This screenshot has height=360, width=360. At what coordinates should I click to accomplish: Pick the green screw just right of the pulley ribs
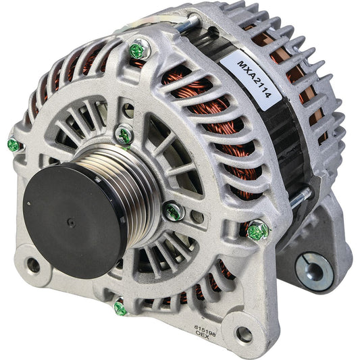[x=173, y=211]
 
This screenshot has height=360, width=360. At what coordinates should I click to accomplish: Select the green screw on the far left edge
[x=13, y=145]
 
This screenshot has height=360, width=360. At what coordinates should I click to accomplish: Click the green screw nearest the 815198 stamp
[x=120, y=308]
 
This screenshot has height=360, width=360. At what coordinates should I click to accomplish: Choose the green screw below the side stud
[x=257, y=231]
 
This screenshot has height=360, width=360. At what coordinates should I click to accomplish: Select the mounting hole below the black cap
[x=32, y=265]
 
